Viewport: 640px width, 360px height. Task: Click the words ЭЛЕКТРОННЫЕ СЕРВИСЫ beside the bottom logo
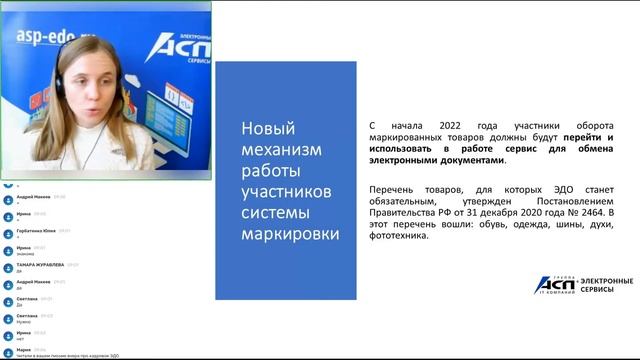pyautogui.click(x=605, y=286)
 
